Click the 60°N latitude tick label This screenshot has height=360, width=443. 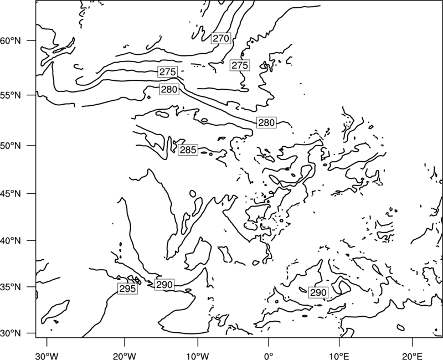click(11, 40)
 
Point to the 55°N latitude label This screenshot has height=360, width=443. click(11, 95)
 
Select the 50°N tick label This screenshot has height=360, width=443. click(11, 146)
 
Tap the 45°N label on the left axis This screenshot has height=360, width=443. click(11, 193)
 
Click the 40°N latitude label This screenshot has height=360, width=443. click(11, 241)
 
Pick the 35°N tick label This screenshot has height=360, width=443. click(11, 287)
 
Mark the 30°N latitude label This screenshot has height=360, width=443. click(11, 333)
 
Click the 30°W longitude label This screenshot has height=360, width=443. click(47, 356)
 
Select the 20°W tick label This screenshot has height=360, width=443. click(125, 356)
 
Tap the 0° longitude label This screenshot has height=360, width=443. click(269, 356)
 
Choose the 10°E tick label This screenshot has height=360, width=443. click(339, 356)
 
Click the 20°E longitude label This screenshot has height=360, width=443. click(412, 356)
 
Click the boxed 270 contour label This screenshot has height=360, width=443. click(221, 38)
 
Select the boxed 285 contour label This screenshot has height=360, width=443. click(188, 150)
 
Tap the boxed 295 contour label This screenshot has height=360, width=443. click(128, 289)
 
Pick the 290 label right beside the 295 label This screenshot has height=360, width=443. click(164, 285)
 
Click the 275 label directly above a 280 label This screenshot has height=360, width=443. click(168, 72)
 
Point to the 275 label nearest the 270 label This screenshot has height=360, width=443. click(240, 65)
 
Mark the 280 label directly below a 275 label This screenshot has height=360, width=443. click(169, 89)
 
